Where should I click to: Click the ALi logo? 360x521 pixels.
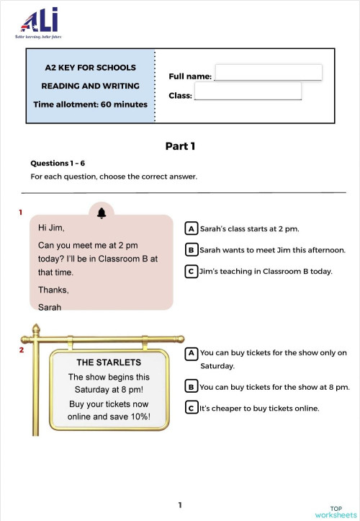pyautogui.click(x=40, y=22)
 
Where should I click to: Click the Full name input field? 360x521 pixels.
pyautogui.click(x=268, y=73)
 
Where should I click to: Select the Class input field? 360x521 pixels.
pyautogui.click(x=248, y=92)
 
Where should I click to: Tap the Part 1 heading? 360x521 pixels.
pyautogui.click(x=180, y=146)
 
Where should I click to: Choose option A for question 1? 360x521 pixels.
pyautogui.click(x=192, y=228)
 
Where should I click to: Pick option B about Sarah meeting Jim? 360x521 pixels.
pyautogui.click(x=192, y=250)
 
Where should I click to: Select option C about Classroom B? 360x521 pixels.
pyautogui.click(x=192, y=272)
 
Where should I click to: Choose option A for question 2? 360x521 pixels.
pyautogui.click(x=192, y=353)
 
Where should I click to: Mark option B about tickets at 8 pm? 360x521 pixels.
pyautogui.click(x=192, y=387)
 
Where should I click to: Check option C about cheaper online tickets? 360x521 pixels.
pyautogui.click(x=192, y=408)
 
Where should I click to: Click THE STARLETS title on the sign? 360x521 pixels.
pyautogui.click(x=109, y=362)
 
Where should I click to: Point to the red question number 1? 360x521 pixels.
pyautogui.click(x=21, y=213)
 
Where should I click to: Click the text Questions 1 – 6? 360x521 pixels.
pyautogui.click(x=58, y=164)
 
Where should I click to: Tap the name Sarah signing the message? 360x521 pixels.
pyautogui.click(x=50, y=306)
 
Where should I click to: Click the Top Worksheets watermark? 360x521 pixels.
pyautogui.click(x=336, y=511)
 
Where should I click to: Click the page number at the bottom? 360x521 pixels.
pyautogui.click(x=180, y=505)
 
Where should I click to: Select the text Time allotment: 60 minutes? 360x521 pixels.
pyautogui.click(x=90, y=104)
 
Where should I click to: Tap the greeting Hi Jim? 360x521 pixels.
pyautogui.click(x=51, y=228)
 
